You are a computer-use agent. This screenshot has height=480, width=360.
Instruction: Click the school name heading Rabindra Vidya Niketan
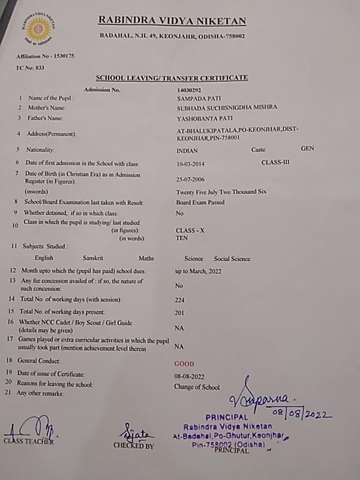click(172, 22)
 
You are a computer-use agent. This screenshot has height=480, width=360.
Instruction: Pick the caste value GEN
click(307, 148)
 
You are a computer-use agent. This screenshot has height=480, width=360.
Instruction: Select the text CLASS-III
click(275, 162)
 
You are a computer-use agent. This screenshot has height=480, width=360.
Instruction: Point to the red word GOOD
click(184, 364)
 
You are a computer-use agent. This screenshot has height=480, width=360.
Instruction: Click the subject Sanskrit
click(93, 259)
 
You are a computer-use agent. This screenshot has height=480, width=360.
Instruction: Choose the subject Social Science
click(232, 259)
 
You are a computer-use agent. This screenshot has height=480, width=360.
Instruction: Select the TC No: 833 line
click(30, 68)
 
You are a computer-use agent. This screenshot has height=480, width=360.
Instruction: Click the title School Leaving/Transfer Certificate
click(172, 78)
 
